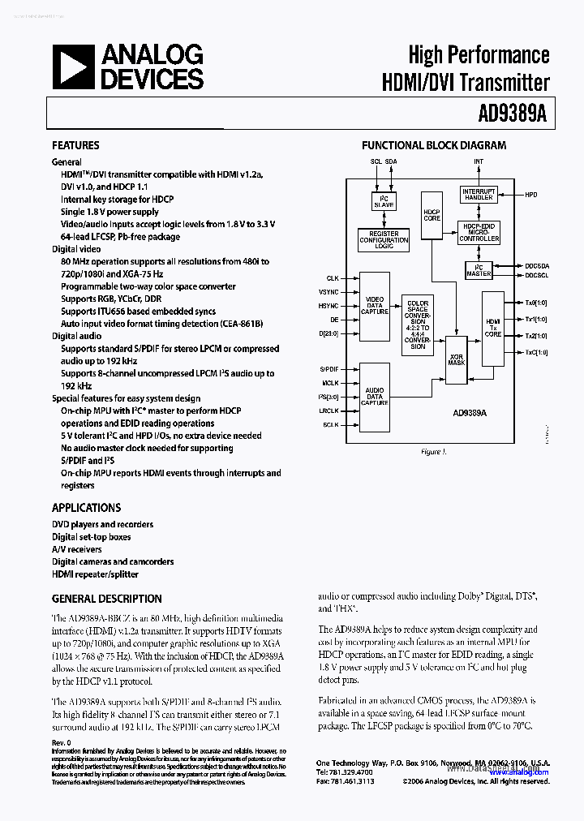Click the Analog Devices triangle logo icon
(x=73, y=67)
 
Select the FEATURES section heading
(x=75, y=145)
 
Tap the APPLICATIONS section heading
(x=86, y=507)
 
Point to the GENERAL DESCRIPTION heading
(x=106, y=599)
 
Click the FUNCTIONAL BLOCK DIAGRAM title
(x=433, y=145)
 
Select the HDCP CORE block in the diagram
(x=432, y=215)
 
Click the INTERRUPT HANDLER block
(x=478, y=195)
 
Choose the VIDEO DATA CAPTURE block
(x=375, y=305)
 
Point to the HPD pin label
(x=531, y=195)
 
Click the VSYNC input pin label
(x=328, y=291)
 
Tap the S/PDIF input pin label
(x=328, y=368)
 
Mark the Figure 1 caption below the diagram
(x=433, y=451)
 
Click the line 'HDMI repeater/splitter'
(x=95, y=574)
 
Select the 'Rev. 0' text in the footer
(x=62, y=742)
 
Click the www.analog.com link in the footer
(x=521, y=772)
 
